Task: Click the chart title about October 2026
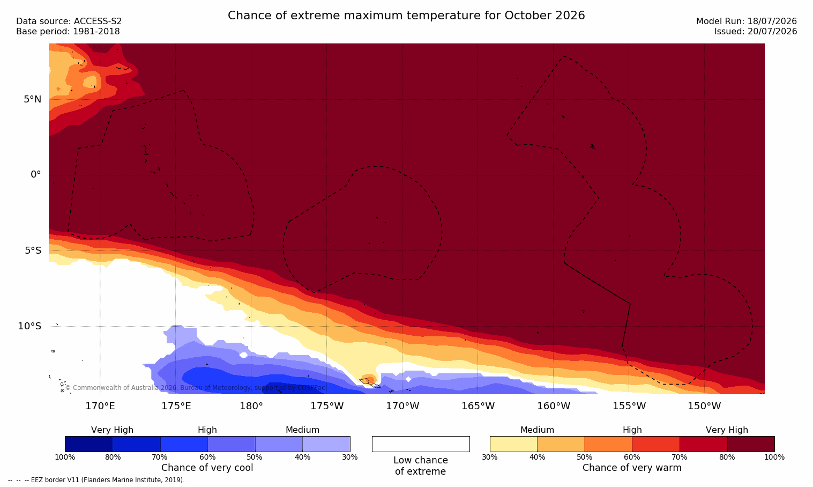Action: (406, 16)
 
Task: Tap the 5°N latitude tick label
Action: (33, 99)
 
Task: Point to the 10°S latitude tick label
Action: (29, 326)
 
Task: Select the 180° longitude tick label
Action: (251, 406)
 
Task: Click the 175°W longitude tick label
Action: (327, 406)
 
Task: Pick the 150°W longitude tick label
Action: (705, 406)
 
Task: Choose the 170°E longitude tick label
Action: (100, 406)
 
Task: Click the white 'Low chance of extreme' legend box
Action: (421, 444)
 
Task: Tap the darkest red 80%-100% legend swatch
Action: (751, 444)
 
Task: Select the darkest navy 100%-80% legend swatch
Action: (89, 444)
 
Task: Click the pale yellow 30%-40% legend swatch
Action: (513, 444)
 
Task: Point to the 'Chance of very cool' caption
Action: (207, 468)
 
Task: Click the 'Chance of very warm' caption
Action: (632, 468)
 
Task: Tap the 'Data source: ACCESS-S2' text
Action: (69, 21)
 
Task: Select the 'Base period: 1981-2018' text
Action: (68, 32)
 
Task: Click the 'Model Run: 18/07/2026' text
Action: (746, 21)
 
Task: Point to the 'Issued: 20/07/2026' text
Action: (756, 32)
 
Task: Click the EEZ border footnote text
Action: (96, 479)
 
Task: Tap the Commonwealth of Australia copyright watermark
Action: (195, 388)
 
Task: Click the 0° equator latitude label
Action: (35, 175)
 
